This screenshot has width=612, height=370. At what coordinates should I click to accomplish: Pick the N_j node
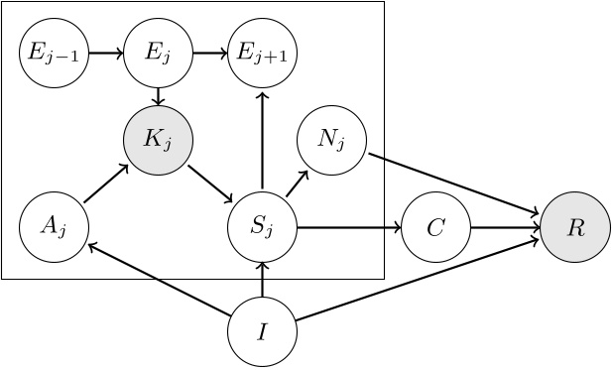coord(331,138)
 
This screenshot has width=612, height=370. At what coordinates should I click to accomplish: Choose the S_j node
coord(262,227)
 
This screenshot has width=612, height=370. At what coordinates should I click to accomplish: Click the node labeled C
coord(435,227)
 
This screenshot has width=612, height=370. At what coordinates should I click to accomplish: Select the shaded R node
coord(575,227)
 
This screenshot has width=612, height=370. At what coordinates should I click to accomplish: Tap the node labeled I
coord(262,331)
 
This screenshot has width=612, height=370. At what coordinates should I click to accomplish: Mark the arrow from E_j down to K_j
coord(158,95)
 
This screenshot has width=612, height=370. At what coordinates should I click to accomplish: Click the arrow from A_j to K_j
coord(106,184)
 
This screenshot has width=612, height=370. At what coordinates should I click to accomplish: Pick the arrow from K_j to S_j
coord(209,184)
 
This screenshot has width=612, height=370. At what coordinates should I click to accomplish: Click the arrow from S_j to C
coord(348,227)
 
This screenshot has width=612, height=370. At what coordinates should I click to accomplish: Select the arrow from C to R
coord(505,227)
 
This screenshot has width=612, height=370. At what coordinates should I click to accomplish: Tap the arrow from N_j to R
coord(453,183)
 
